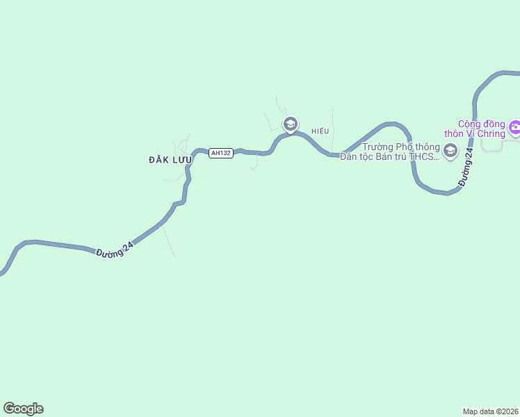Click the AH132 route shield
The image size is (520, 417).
coord(220,153)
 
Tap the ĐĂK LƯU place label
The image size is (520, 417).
coord(170,160)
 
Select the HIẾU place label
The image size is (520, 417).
coord(320,131)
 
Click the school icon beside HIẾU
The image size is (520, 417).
coord(290,124)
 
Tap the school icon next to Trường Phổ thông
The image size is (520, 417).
coord(450,150)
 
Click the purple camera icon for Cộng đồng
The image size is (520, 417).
coord(514,127)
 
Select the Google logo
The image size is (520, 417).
coord(23,409)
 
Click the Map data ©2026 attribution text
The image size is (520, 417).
coord(490,411)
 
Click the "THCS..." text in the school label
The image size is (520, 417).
coord(424,157)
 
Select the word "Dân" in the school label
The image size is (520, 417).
coord(348,157)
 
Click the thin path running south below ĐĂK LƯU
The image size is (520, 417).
coord(168,240)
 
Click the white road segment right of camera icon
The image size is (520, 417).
coord(511,140)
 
